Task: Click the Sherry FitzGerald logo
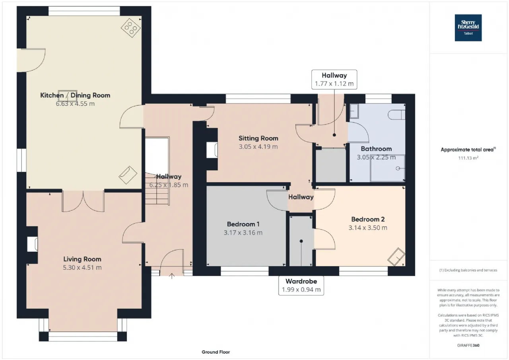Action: (468, 28)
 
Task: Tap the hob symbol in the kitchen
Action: (131, 28)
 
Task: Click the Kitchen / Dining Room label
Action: (75, 95)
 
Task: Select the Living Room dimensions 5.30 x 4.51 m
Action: (82, 267)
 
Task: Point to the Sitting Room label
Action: (258, 138)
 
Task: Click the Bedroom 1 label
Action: (243, 224)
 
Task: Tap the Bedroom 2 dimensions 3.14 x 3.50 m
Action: (368, 228)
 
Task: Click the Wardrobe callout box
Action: (301, 286)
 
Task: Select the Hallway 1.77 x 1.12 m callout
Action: (334, 80)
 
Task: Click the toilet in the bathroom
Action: (396, 115)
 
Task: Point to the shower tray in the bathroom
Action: (388, 168)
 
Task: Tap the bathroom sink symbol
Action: (354, 111)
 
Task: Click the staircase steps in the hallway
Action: (157, 189)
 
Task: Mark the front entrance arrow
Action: (172, 276)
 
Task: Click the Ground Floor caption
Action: (216, 352)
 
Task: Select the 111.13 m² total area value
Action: (468, 158)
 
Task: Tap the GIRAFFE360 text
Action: (468, 345)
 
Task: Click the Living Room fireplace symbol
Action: (32, 244)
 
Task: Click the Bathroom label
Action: (376, 149)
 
